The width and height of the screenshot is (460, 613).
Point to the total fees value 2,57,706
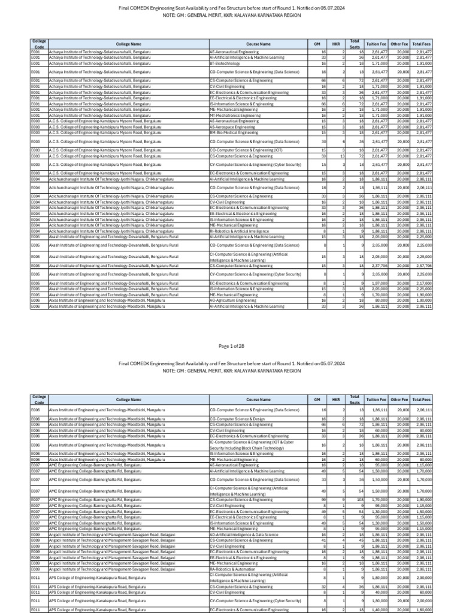(423, 265)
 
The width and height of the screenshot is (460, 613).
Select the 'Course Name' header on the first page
(258, 44)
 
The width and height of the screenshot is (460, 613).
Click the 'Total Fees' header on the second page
(422, 399)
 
